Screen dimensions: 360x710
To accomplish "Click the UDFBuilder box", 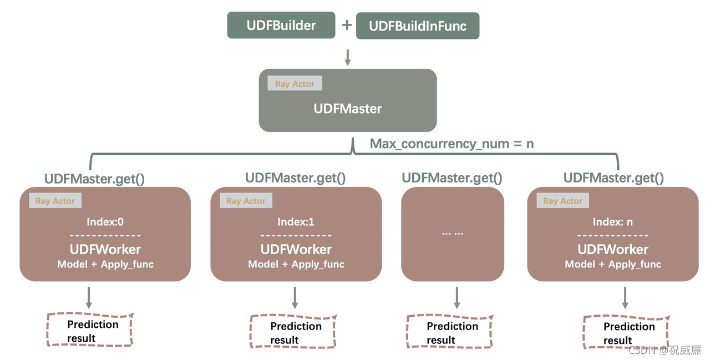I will (x=281, y=25).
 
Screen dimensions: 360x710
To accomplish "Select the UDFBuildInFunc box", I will (x=417, y=26).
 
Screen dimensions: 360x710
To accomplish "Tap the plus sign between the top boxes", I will (x=346, y=25).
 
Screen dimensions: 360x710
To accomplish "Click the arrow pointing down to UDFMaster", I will (x=348, y=57).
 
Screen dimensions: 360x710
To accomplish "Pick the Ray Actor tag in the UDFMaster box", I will (x=295, y=84).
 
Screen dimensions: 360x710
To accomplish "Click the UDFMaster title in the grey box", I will (x=348, y=108).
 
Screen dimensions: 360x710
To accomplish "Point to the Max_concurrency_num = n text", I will (x=452, y=144).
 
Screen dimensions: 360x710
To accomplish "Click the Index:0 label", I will (x=105, y=222).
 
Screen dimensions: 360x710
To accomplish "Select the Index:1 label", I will (x=296, y=222).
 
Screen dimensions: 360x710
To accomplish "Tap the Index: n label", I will (x=612, y=222).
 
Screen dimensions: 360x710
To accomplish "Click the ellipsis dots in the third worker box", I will (x=452, y=233).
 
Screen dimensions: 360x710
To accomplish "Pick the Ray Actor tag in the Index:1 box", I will (x=246, y=201).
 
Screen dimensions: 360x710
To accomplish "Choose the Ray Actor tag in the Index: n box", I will (x=562, y=201).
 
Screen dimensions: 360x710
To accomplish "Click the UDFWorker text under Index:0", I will (x=105, y=249).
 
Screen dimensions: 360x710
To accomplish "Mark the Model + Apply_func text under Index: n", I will (x=613, y=265).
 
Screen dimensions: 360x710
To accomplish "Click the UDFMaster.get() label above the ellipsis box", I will (x=452, y=178).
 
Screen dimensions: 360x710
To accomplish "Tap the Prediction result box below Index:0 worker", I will (x=90, y=331).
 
